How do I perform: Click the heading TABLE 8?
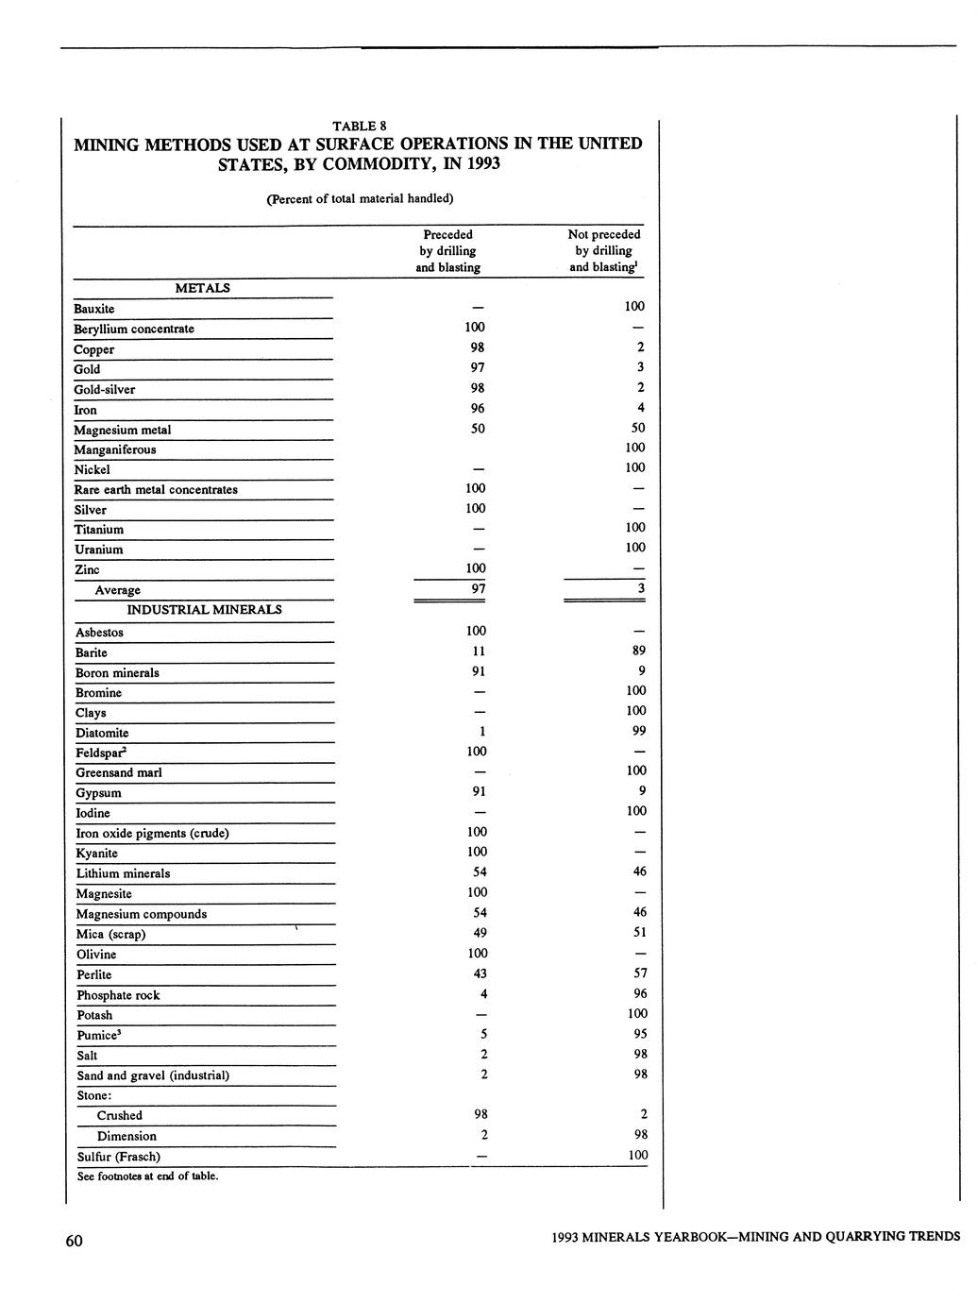tap(359, 126)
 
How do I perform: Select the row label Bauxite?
tap(94, 309)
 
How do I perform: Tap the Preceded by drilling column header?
tap(447, 250)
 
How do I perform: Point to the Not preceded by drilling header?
tap(603, 250)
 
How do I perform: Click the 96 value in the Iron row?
tap(478, 408)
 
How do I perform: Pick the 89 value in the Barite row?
tap(638, 651)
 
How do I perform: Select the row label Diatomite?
tap(102, 733)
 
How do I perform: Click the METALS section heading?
tap(203, 288)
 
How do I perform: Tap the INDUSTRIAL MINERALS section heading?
tap(204, 610)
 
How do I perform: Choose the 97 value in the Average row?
tap(478, 589)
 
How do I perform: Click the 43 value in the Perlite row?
tap(480, 973)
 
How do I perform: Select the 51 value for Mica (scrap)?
tap(639, 933)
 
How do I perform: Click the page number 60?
tap(75, 1241)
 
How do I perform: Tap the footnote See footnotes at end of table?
tap(147, 1176)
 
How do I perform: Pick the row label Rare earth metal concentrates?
tap(156, 490)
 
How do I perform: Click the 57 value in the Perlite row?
tap(639, 973)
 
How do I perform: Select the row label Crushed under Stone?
tap(120, 1116)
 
